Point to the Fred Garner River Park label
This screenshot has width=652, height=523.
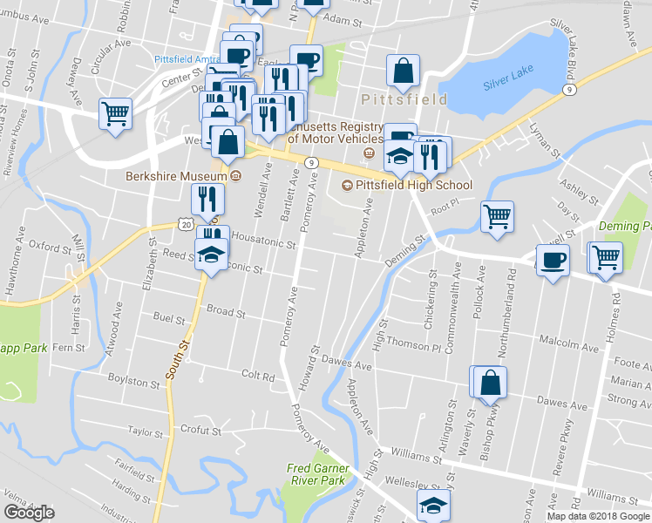tap(318, 474)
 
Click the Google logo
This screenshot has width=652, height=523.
tap(29, 512)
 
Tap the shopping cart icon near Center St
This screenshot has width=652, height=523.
tap(115, 114)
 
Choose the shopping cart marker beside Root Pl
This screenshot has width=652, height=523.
tap(497, 216)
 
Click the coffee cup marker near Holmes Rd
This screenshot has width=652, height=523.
tap(553, 261)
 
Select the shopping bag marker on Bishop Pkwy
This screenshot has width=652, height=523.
tap(491, 382)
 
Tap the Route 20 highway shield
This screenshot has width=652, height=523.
tap(186, 224)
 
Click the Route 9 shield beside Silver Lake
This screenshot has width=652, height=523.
tap(569, 89)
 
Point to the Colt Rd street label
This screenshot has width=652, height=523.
tap(258, 377)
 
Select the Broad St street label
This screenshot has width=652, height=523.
tap(226, 310)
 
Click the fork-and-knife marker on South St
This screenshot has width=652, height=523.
tap(207, 199)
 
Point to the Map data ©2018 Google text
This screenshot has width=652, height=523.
tap(599, 516)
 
